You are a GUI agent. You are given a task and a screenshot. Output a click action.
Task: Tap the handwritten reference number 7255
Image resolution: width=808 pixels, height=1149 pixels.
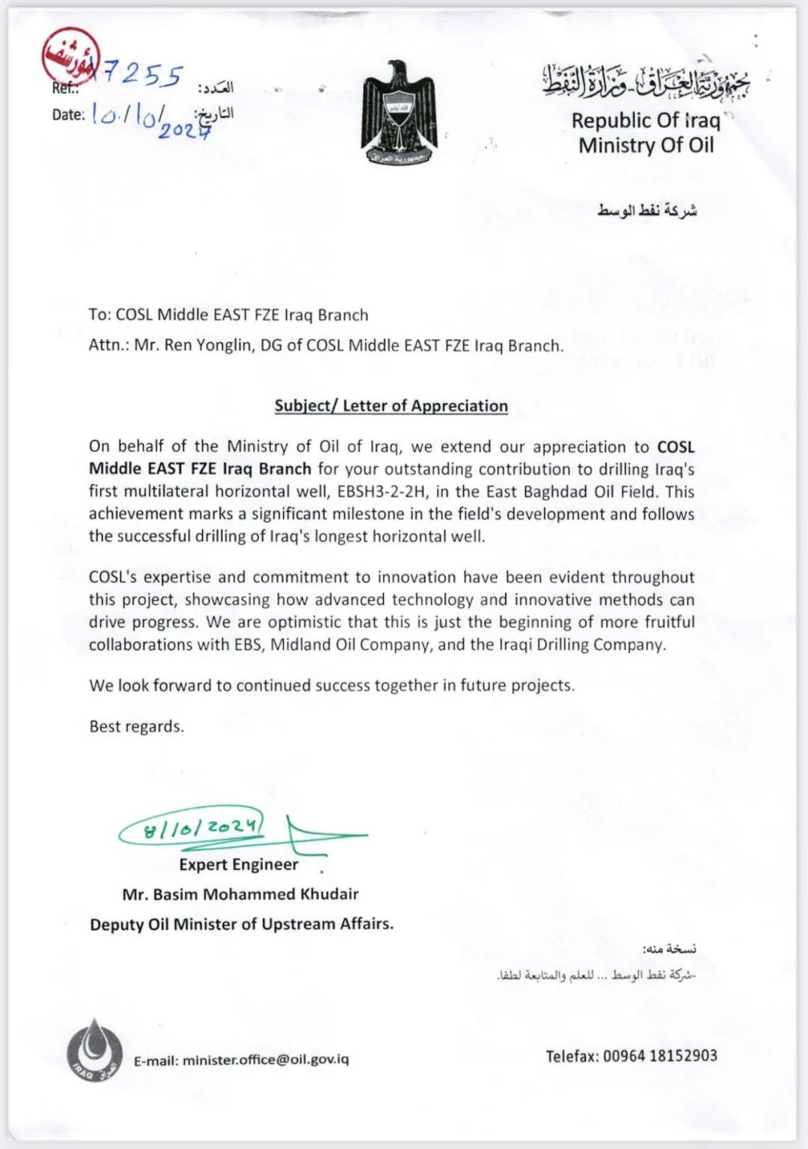click(142, 75)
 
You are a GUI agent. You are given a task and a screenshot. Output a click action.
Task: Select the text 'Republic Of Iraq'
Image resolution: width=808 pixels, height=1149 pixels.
click(645, 120)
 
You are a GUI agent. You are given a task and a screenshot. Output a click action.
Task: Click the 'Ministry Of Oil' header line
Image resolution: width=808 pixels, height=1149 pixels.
click(646, 145)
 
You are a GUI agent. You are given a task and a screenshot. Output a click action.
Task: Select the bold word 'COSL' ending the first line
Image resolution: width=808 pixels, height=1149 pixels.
click(676, 447)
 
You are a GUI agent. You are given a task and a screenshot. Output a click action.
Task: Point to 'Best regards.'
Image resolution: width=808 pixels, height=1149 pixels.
click(136, 726)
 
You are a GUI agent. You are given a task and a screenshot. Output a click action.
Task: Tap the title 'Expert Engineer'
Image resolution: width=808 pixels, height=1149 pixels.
click(239, 865)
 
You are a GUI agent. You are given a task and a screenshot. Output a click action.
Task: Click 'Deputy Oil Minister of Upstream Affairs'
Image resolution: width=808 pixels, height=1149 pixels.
click(241, 925)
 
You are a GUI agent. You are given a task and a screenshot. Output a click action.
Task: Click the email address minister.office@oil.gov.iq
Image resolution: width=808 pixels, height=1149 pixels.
click(266, 1060)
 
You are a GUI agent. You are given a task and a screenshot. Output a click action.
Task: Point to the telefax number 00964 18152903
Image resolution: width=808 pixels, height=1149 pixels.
click(659, 1055)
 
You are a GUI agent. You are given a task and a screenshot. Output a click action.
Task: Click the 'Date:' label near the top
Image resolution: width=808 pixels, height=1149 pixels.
click(67, 115)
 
